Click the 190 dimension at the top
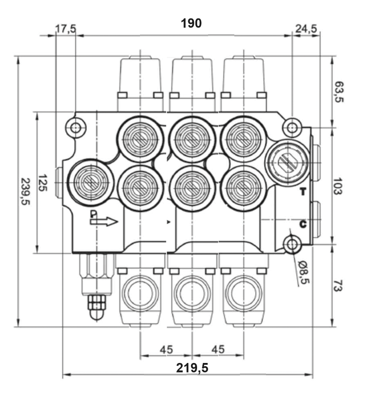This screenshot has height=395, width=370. (191, 23)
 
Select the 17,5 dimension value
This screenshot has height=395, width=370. (65, 29)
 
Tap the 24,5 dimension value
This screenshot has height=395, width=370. (306, 29)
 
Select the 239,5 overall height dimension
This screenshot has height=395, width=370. (26, 192)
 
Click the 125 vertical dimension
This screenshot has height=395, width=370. (43, 182)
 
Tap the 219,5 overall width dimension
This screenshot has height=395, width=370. (192, 368)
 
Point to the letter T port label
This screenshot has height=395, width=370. (302, 192)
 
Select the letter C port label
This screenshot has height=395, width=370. (302, 224)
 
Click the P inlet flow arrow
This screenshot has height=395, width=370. (104, 221)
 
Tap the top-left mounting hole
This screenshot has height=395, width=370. (75, 128)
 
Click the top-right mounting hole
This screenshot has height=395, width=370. (291, 128)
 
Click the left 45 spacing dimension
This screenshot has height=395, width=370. (166, 349)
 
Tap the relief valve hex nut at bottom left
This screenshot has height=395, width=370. (97, 303)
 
